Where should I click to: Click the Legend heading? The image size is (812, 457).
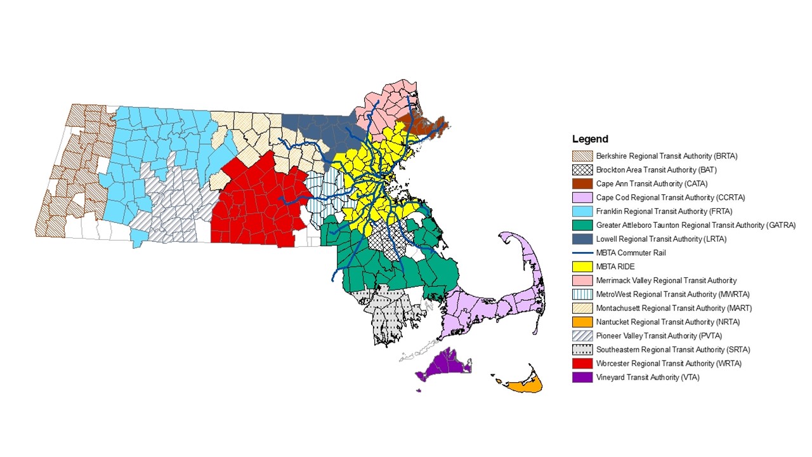click(590, 139)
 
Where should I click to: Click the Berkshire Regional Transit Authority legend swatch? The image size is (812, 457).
click(582, 156)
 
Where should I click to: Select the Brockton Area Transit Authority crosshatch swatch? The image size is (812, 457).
click(582, 170)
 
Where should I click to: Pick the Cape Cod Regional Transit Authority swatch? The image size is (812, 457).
click(582, 197)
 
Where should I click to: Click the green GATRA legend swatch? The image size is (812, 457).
click(582, 225)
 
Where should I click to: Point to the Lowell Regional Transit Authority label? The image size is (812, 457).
click(661, 239)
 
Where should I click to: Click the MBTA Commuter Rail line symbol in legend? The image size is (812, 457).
click(582, 253)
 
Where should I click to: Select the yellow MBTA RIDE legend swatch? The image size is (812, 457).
click(582, 267)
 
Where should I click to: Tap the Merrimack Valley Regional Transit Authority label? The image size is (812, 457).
click(666, 281)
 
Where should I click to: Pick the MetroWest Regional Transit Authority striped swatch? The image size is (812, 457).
click(582, 295)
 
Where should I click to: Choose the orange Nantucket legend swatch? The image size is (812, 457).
click(582, 322)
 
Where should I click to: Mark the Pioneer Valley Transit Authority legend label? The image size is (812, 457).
click(658, 336)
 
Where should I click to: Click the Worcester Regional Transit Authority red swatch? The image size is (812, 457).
click(582, 364)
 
